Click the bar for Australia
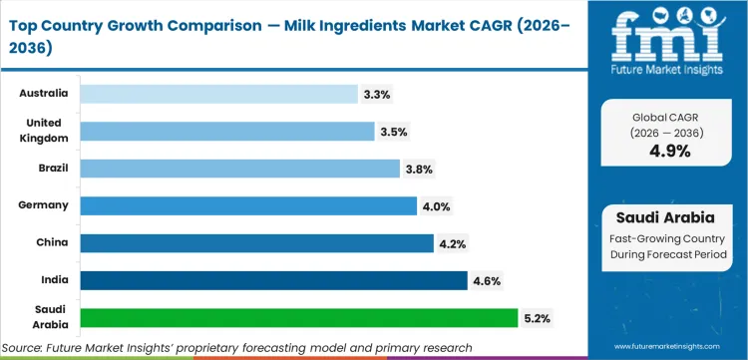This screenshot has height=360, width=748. (218, 94)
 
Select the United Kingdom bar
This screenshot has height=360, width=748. (226, 131)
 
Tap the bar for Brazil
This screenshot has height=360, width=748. (239, 169)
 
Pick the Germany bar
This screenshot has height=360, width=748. (248, 205)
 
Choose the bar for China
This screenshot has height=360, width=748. (256, 243)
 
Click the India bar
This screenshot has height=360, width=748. (273, 280)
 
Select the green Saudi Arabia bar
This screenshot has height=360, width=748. (298, 318)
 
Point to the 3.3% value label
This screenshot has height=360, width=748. (377, 94)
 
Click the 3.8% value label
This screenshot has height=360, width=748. (419, 169)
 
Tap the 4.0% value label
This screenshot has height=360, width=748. (436, 205)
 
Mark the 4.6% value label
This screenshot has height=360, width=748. (487, 280)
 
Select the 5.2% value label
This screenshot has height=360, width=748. (537, 318)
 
